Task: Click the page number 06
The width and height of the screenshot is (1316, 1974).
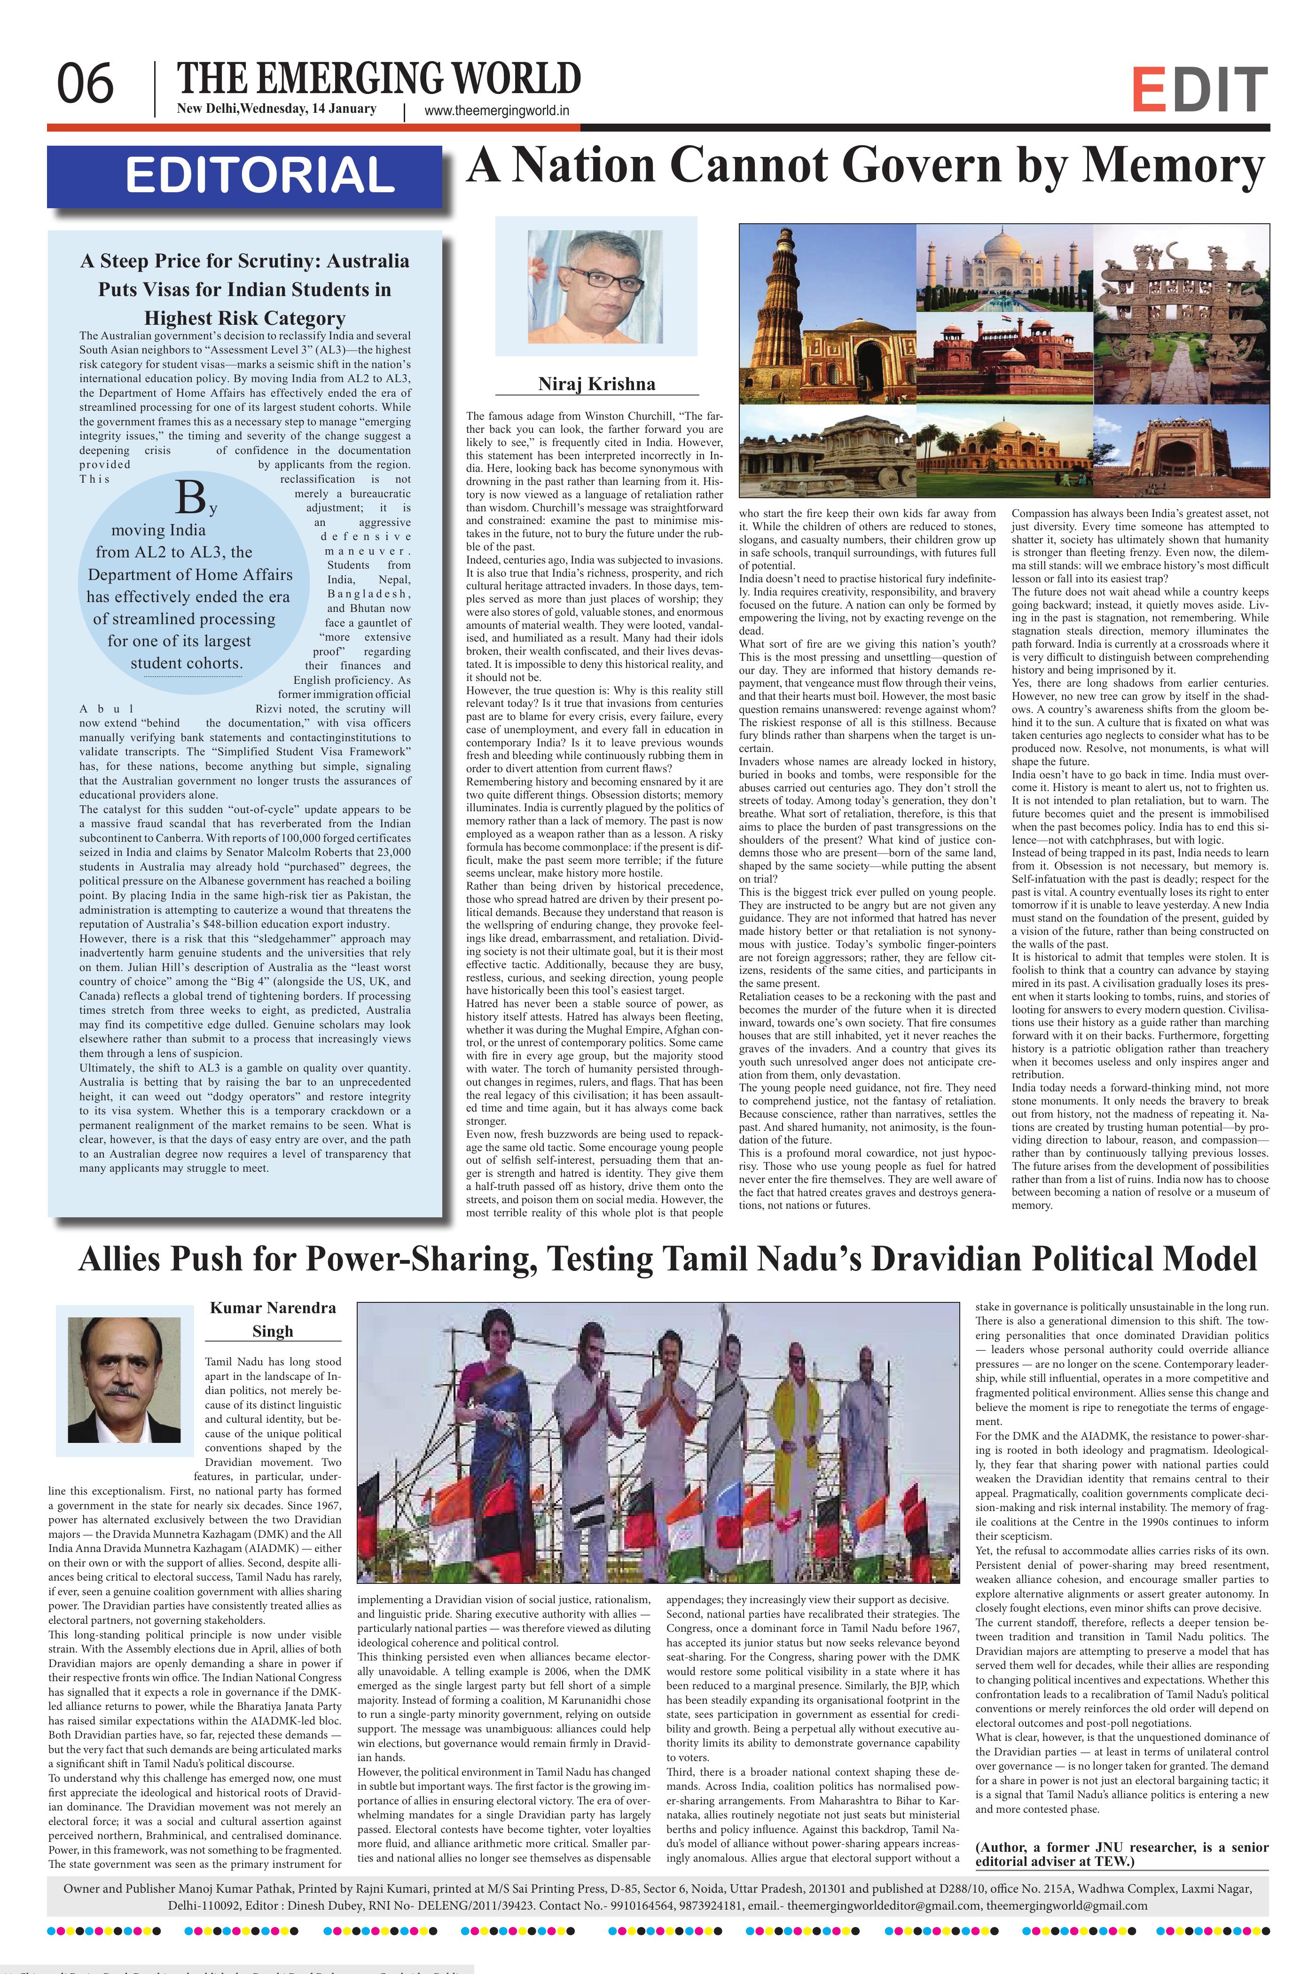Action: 85,84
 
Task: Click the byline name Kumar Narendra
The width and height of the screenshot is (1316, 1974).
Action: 272,1308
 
